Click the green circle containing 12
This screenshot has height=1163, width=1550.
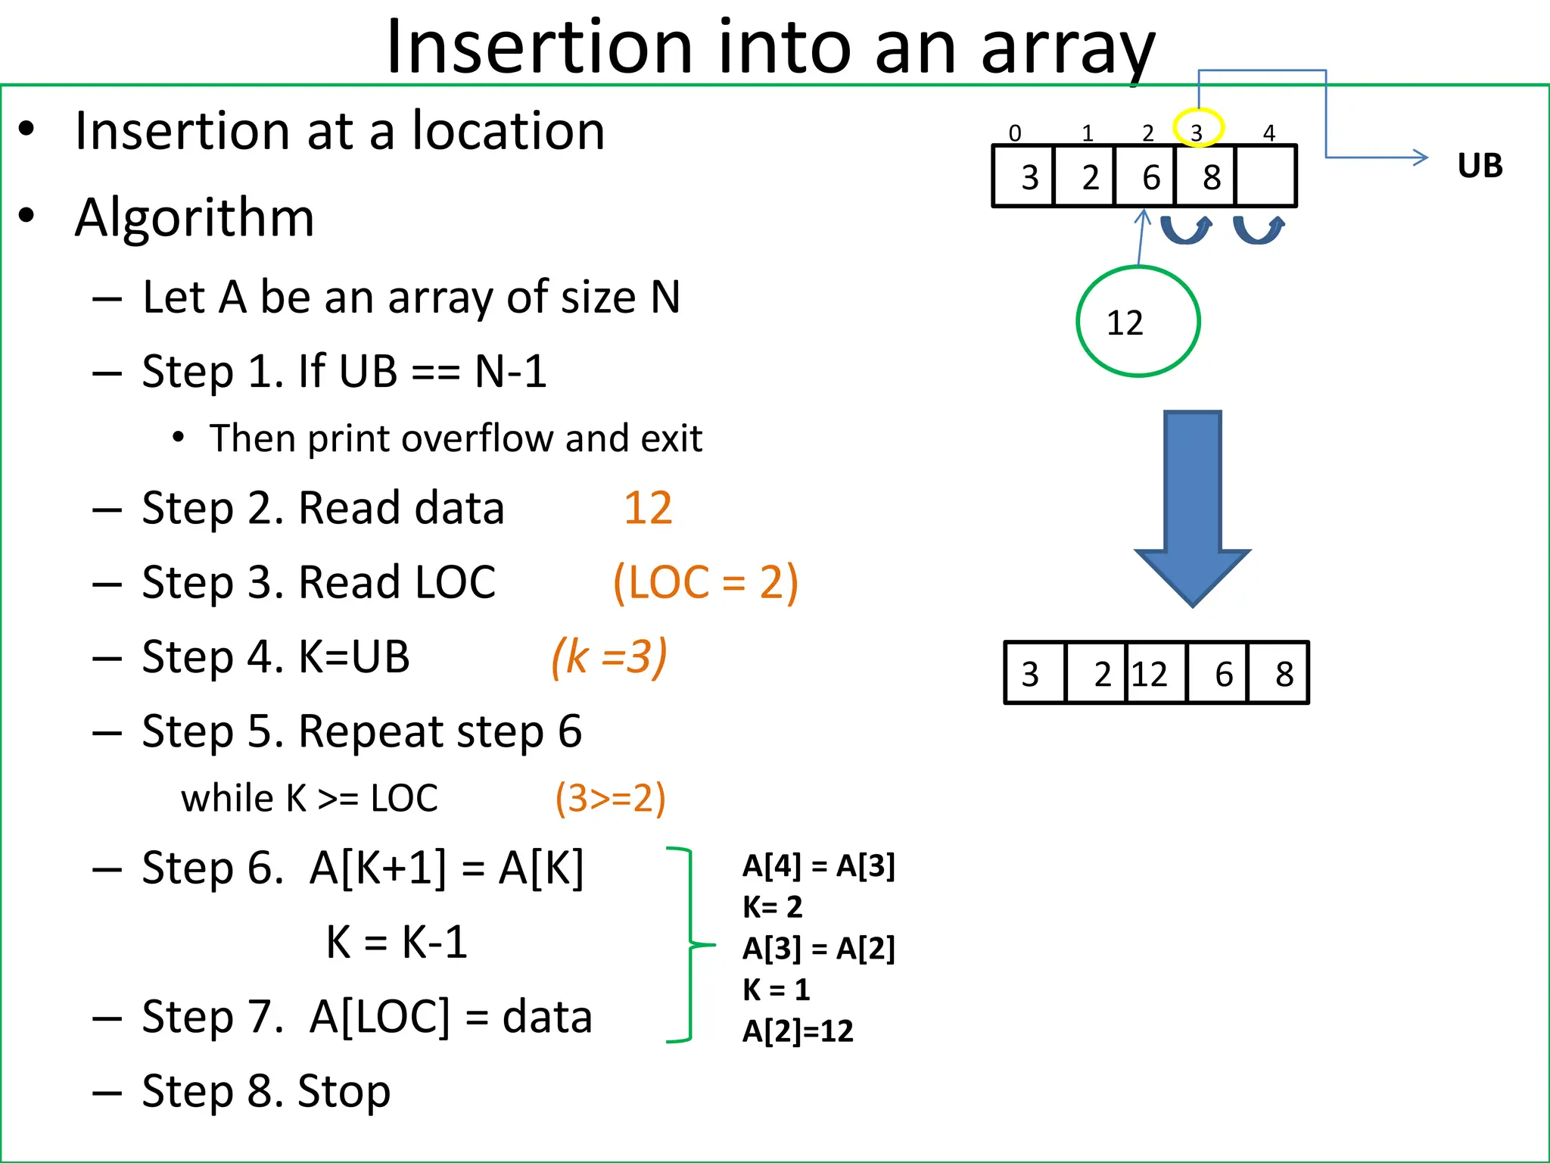pyautogui.click(x=1138, y=321)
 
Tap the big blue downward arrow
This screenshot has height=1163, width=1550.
pyautogui.click(x=1193, y=507)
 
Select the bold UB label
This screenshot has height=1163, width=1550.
pyautogui.click(x=1480, y=165)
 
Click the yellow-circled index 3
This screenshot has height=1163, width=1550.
pyautogui.click(x=1197, y=129)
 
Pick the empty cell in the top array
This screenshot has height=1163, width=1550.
pyautogui.click(x=1265, y=176)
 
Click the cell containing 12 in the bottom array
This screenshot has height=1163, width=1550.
pyautogui.click(x=1156, y=673)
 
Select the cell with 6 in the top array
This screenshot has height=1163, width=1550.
pyautogui.click(x=1145, y=176)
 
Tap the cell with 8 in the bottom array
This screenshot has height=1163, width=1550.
pyautogui.click(x=1278, y=673)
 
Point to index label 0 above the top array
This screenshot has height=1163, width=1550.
pyautogui.click(x=1015, y=134)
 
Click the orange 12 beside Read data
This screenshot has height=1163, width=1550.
pyautogui.click(x=648, y=507)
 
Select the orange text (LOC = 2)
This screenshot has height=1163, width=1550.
pyautogui.click(x=705, y=582)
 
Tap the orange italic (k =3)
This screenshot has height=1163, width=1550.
pyautogui.click(x=609, y=656)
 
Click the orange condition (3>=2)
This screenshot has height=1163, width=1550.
pyautogui.click(x=610, y=798)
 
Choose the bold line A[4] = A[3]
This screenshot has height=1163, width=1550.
pyautogui.click(x=818, y=865)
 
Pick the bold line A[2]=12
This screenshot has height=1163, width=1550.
pyautogui.click(x=798, y=1030)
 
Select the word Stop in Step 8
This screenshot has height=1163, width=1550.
pyautogui.click(x=344, y=1091)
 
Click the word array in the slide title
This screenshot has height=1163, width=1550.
pyautogui.click(x=1068, y=47)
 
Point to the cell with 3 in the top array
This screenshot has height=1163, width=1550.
pyautogui.click(x=1024, y=176)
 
